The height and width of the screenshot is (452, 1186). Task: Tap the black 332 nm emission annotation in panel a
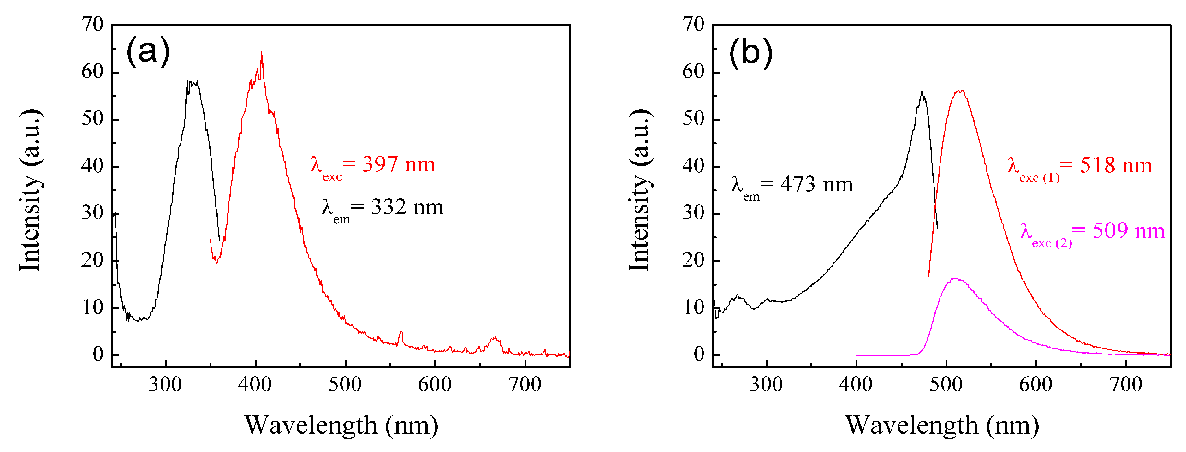tap(382, 210)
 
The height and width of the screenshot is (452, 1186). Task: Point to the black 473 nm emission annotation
tap(792, 188)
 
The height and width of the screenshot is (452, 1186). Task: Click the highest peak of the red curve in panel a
tap(262, 52)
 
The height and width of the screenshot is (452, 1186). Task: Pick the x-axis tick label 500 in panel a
tap(345, 385)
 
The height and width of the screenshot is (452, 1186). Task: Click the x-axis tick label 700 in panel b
tap(1126, 385)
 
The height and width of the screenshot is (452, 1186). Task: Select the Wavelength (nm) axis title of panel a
tap(341, 425)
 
